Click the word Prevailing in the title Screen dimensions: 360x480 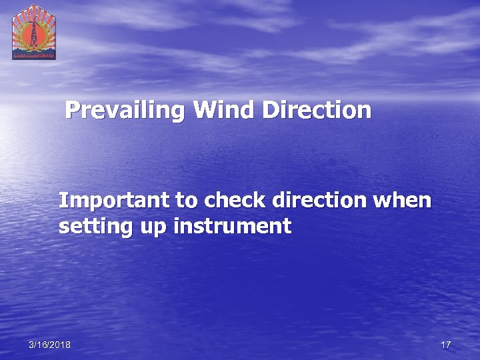coord(127,110)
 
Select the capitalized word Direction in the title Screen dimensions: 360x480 coord(317,110)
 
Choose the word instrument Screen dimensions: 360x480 coord(233,227)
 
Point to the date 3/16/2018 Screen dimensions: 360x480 coord(50,345)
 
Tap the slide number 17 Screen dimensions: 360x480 coord(446,345)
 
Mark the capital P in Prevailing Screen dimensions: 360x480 coord(73,110)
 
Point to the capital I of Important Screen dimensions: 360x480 coord(62,200)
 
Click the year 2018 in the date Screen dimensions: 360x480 coord(60,345)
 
